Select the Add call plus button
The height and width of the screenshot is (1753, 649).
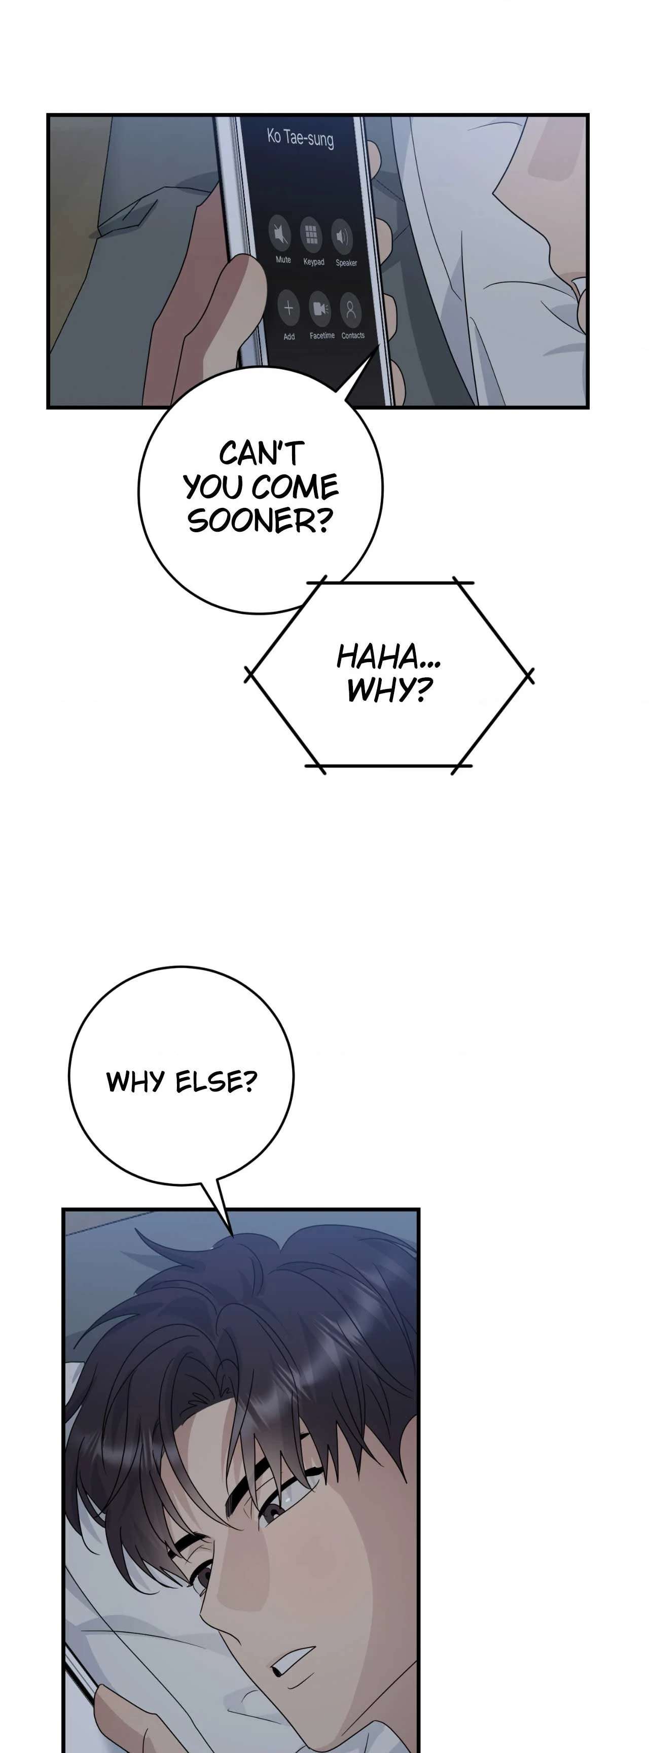click(x=289, y=308)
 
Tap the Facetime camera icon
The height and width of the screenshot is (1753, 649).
click(x=320, y=309)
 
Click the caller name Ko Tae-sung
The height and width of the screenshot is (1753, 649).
click(x=300, y=138)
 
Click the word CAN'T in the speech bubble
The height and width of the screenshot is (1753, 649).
click(x=261, y=453)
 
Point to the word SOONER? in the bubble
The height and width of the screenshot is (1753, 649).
click(x=259, y=521)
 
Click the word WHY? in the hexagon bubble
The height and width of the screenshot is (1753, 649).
click(x=389, y=690)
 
